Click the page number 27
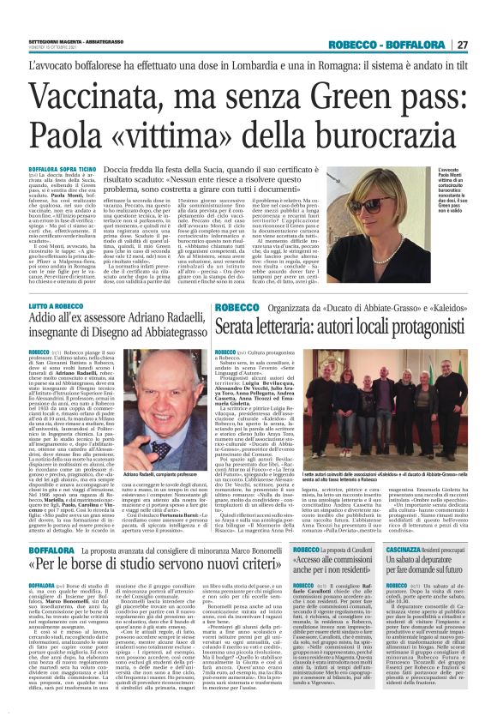tap(486, 45)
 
